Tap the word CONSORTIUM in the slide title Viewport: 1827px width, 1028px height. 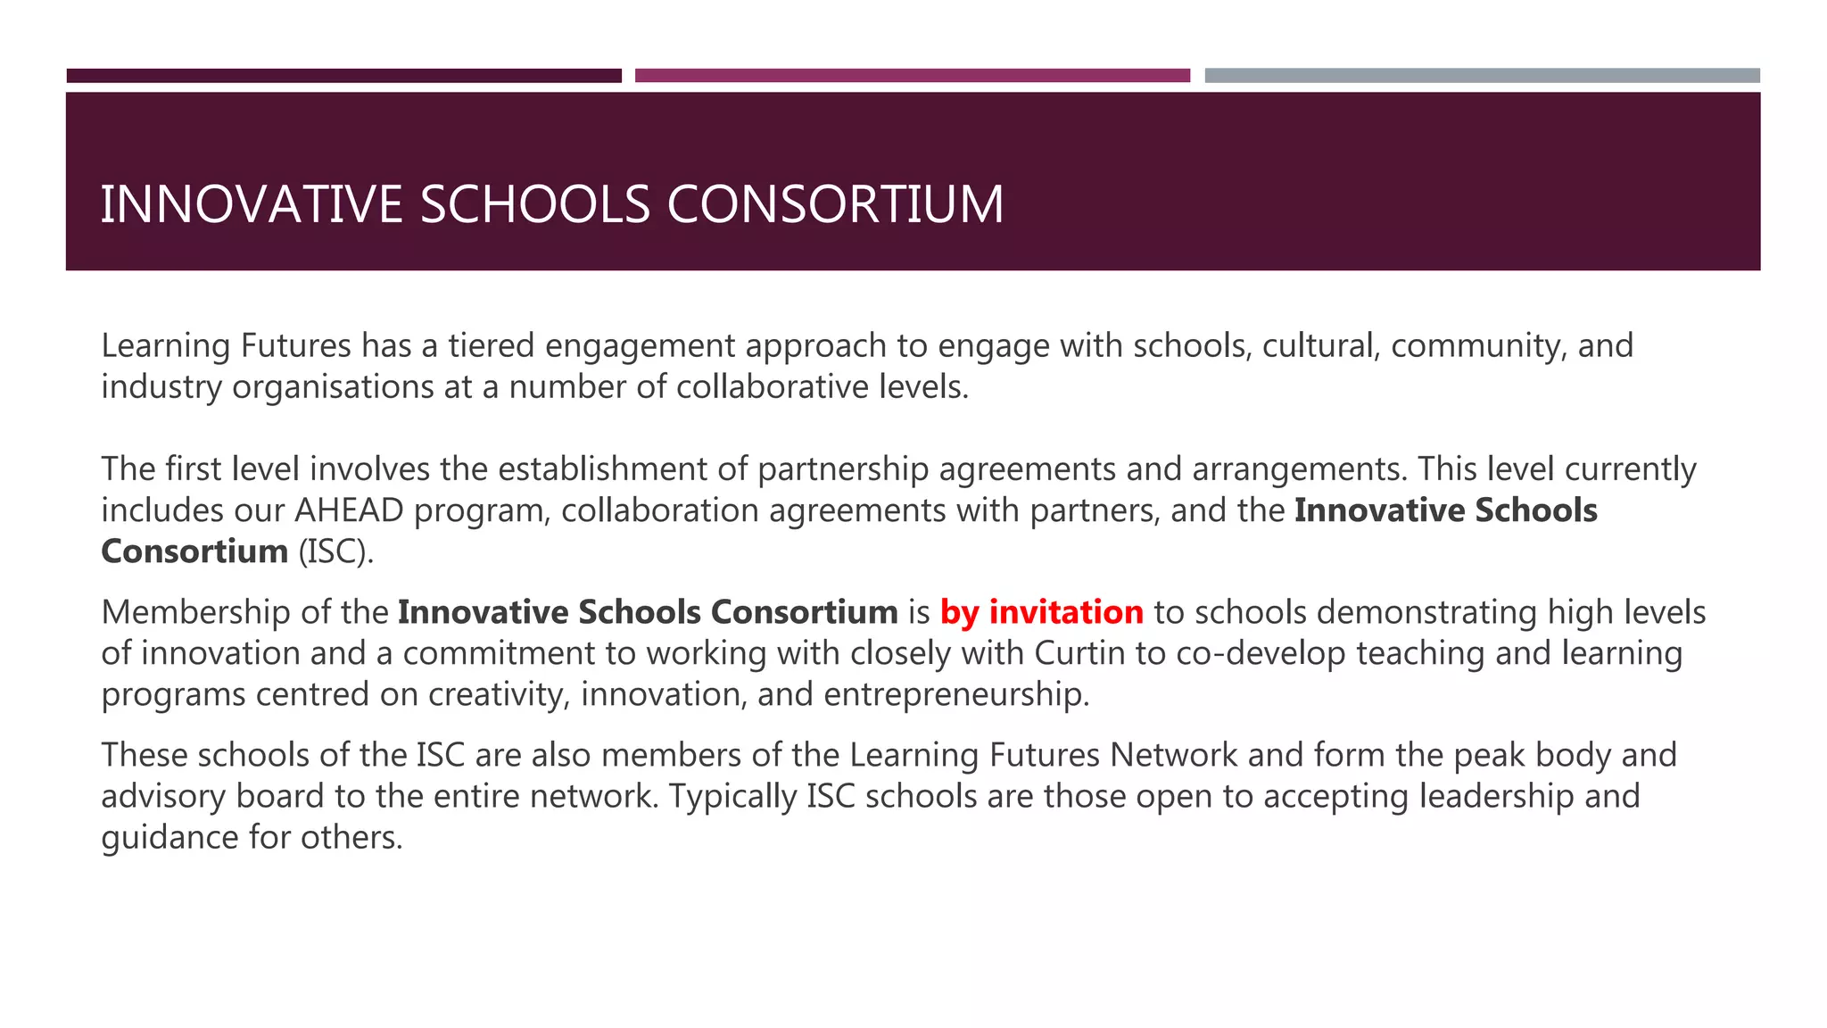point(835,204)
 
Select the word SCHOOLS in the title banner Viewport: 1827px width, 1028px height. point(535,204)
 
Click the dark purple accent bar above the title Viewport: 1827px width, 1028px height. point(343,76)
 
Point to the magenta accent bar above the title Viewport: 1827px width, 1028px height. point(912,76)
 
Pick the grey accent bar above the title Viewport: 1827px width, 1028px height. point(1482,76)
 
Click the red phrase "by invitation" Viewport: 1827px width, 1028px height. point(1041,612)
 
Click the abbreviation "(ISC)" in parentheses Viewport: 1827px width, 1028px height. point(335,551)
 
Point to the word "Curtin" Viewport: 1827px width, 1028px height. point(1079,653)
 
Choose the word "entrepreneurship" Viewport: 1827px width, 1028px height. point(956,694)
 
